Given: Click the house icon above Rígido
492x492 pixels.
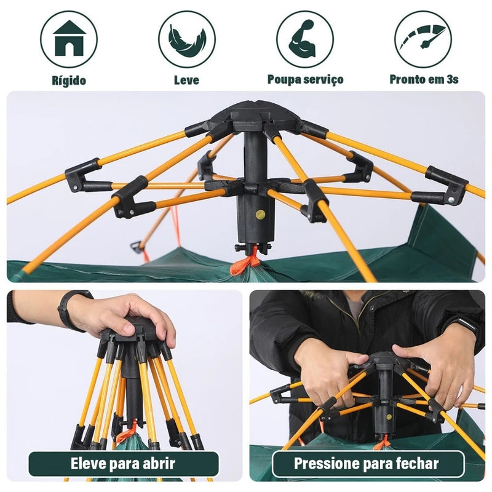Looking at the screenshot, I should click(68, 39).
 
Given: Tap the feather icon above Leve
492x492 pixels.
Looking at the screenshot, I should click(186, 39).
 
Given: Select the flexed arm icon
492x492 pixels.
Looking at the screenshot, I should click(305, 39).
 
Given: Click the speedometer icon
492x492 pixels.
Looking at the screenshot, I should click(423, 39).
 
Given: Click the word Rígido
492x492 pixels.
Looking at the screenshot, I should click(68, 80).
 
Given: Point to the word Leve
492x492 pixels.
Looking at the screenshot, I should click(186, 80).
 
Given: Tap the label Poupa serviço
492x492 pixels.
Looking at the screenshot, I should click(305, 79).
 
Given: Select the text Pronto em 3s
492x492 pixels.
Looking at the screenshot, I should click(424, 79).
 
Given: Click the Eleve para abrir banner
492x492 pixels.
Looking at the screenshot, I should click(124, 464).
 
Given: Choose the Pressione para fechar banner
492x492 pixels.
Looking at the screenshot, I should click(368, 463).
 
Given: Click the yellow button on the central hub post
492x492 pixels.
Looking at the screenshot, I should click(261, 215).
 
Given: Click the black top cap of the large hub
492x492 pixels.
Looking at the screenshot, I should click(254, 113).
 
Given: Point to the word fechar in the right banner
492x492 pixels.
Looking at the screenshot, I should click(418, 463).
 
